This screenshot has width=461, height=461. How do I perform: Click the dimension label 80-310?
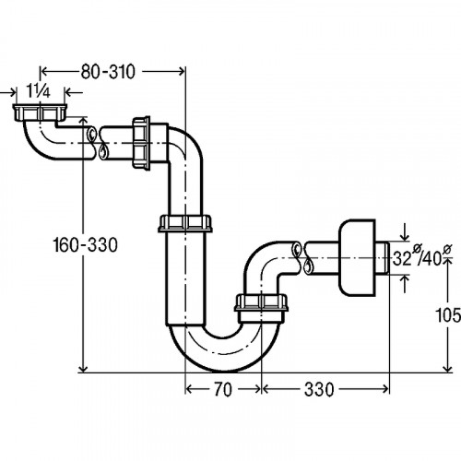(108, 72)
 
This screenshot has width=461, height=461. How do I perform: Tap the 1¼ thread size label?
(38, 91)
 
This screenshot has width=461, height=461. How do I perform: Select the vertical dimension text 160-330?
(85, 245)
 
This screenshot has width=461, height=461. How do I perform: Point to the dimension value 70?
(223, 390)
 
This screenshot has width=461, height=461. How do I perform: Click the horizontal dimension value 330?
(319, 390)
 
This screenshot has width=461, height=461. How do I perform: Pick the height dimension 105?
(448, 315)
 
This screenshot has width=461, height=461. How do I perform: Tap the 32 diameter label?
(402, 259)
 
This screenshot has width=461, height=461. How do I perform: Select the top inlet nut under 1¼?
(40, 112)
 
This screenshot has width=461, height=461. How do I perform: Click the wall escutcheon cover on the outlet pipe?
(357, 257)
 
